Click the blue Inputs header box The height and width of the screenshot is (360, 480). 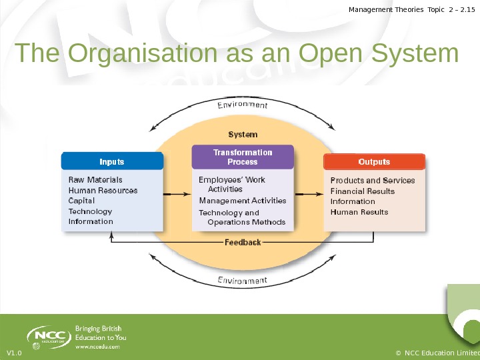point(112,161)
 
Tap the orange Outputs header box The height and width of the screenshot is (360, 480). point(374,162)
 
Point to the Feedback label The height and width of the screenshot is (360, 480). point(243,242)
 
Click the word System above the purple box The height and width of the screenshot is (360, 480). point(243,135)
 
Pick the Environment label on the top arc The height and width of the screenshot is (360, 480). point(243,105)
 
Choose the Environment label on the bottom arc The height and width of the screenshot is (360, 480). point(243,280)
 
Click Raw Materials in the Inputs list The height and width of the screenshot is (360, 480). point(95,180)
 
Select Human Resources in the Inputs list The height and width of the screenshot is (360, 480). point(103,191)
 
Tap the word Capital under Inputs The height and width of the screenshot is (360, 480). point(82,201)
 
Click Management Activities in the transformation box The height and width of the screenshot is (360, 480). point(243,201)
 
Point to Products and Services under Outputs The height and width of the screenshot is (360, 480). point(373,181)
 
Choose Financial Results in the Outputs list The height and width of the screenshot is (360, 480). point(363,191)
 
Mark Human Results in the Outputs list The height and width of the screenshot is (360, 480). point(359,212)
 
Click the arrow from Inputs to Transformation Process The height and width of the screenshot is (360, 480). point(177,194)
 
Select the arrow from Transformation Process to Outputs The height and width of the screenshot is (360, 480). point(309,194)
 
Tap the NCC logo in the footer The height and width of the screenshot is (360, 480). point(49,335)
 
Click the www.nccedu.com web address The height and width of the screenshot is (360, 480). point(97,347)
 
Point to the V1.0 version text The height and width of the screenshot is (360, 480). point(13,353)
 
